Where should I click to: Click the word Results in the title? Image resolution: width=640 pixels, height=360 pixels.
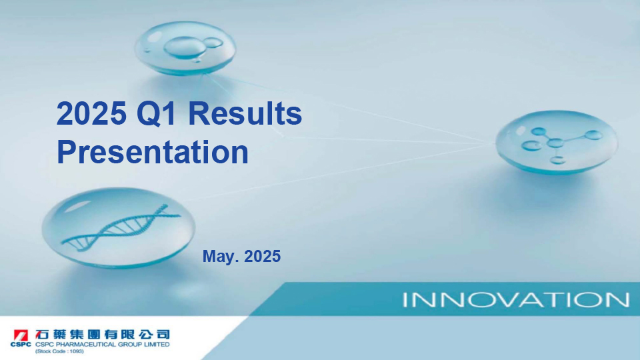click(x=245, y=113)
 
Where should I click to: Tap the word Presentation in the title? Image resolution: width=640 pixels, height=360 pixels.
click(x=153, y=152)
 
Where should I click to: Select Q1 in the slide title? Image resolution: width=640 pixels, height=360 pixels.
click(x=156, y=114)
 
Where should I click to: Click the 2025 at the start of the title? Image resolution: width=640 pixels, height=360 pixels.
click(x=91, y=113)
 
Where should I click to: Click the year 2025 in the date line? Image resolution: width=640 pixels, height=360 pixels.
click(x=263, y=256)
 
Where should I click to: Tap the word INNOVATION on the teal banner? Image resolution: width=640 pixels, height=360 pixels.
click(x=516, y=299)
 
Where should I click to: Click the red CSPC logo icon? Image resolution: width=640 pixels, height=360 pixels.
click(x=21, y=335)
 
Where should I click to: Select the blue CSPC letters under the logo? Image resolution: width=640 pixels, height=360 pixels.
click(x=21, y=345)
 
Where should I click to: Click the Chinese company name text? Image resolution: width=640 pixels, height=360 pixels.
click(x=103, y=335)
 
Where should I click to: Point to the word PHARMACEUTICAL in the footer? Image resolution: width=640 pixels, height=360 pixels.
click(x=83, y=345)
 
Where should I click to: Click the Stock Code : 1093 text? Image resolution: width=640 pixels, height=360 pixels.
click(x=59, y=351)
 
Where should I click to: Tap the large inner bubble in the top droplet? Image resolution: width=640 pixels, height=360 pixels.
click(x=185, y=47)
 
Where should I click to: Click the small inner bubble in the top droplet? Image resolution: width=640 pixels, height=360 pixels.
click(x=213, y=43)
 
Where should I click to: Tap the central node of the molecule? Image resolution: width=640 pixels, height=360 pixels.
click(x=555, y=143)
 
